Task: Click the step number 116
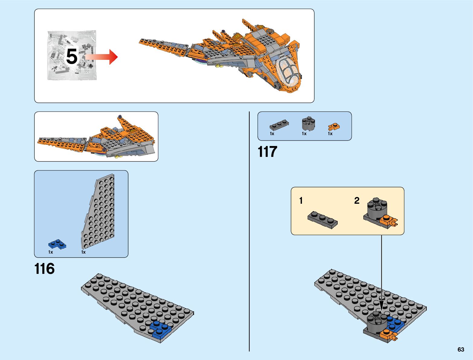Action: pos(45,268)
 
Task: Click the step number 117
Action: pos(267,152)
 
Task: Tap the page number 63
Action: pos(461,349)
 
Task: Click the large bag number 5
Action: pos(72,57)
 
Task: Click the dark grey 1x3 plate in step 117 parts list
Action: pos(279,125)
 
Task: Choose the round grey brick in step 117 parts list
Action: pos(308,123)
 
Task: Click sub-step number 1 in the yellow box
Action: pos(301,201)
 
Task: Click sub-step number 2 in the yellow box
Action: pos(357,201)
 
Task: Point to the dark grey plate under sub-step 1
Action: pos(322,220)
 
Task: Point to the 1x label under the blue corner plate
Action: pos(50,252)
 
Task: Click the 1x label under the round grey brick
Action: pos(304,134)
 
